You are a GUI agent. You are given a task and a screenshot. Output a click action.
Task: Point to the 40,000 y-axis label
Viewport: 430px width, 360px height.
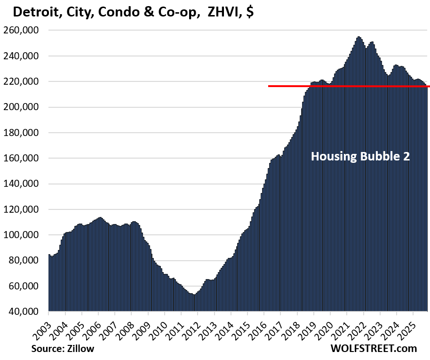26,312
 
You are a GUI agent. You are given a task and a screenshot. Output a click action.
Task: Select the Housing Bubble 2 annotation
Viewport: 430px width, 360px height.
360,156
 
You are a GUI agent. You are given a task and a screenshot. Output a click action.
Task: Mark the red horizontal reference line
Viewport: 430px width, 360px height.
348,86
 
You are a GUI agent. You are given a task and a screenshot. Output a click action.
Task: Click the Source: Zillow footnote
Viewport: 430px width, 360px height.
63,349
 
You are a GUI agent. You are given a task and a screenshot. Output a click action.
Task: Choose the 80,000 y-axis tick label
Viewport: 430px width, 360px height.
26,260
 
